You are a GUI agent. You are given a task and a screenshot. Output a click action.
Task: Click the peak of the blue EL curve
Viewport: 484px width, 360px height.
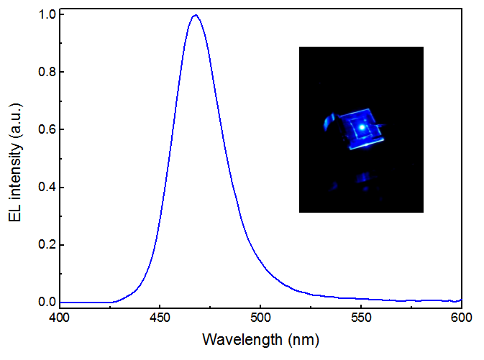[x=194, y=15]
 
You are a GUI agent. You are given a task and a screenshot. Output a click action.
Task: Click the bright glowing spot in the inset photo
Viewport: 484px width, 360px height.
[x=362, y=126]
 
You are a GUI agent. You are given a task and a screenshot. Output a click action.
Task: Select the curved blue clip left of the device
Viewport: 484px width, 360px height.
[x=329, y=122]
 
